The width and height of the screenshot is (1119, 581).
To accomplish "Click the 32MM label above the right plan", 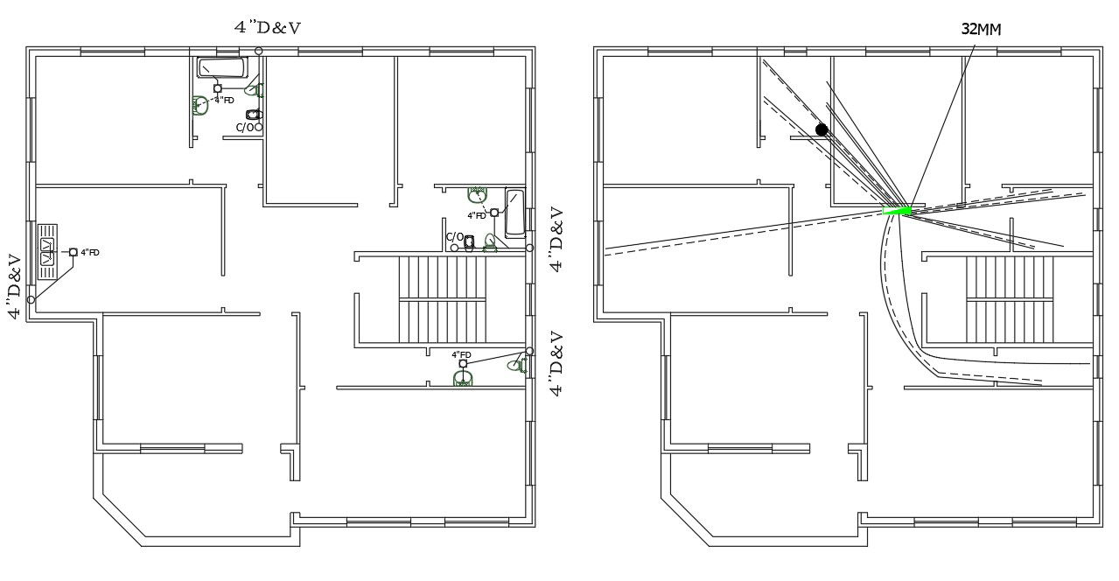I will tap(981, 29).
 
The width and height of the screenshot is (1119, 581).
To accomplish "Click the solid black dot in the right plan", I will tap(822, 129).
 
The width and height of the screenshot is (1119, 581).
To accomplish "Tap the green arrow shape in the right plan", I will tap(898, 210).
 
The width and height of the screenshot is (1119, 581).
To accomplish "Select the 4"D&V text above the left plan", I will tap(268, 27).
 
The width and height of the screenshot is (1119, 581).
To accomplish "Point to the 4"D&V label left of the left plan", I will tap(14, 287).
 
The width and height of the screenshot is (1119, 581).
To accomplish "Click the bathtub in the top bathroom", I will tap(222, 67).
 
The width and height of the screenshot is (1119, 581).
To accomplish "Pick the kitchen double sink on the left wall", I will tap(46, 252).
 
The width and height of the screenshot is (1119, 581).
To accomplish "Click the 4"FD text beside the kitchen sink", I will tap(90, 252).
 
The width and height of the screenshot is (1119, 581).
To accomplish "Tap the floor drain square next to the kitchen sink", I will tap(73, 252).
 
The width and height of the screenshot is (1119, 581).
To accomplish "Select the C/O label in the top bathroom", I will tap(245, 128).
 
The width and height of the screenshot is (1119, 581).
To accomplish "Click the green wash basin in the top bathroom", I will tap(200, 105).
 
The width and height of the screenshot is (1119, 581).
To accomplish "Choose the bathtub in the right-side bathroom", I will tap(514, 213).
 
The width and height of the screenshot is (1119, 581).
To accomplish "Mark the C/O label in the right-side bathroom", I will tap(455, 237).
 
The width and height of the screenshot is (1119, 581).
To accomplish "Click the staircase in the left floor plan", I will tap(442, 299).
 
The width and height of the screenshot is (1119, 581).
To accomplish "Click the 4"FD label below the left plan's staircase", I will tap(461, 355).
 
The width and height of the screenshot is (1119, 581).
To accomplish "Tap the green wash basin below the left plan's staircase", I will tap(464, 378).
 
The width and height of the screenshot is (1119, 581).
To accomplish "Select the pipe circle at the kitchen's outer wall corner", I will tap(31, 300).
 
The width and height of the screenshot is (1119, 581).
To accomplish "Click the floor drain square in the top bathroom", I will tap(218, 88).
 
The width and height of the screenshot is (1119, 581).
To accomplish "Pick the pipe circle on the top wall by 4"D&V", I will tap(258, 50).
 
